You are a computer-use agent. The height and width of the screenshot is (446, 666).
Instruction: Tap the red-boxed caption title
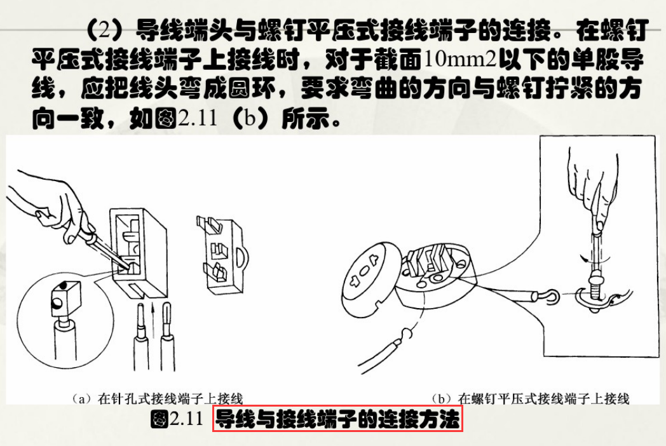click(337, 420)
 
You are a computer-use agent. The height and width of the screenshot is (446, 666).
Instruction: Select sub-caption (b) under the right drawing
click(530, 398)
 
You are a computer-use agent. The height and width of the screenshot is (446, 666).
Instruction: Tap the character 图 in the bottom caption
click(159, 420)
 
